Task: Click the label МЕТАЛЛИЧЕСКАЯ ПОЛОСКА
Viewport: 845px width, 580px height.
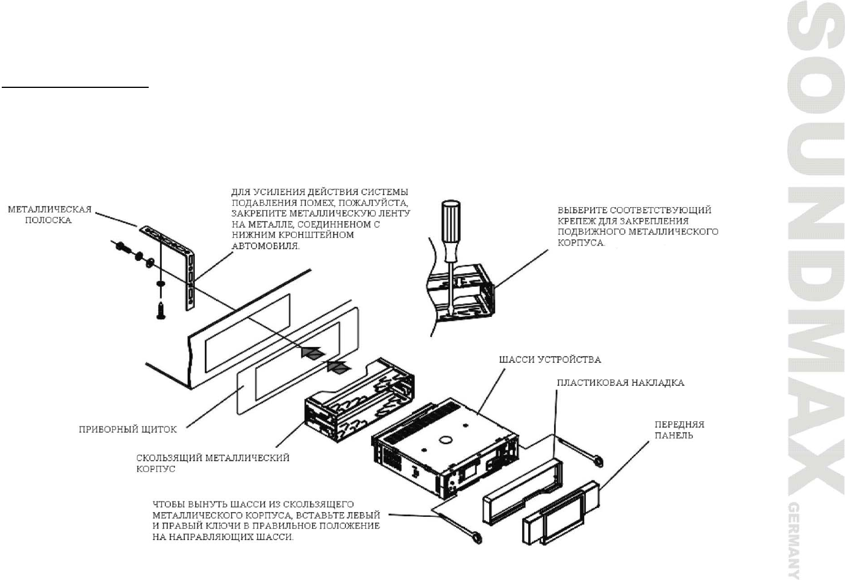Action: pyautogui.click(x=50, y=215)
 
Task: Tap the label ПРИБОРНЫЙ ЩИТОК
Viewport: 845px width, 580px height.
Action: pyautogui.click(x=127, y=430)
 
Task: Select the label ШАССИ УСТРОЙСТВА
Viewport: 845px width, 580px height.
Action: pyautogui.click(x=550, y=359)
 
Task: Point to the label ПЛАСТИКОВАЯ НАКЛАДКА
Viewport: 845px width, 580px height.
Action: pyautogui.click(x=620, y=383)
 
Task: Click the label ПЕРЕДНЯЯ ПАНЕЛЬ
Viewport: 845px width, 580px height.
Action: pyautogui.click(x=679, y=430)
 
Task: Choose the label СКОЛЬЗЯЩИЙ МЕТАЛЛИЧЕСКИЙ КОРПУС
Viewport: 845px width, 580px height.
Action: pyautogui.click(x=212, y=463)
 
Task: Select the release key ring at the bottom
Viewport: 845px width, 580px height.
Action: pyautogui.click(x=474, y=537)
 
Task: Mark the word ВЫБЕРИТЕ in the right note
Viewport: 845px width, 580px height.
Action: pyautogui.click(x=582, y=209)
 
